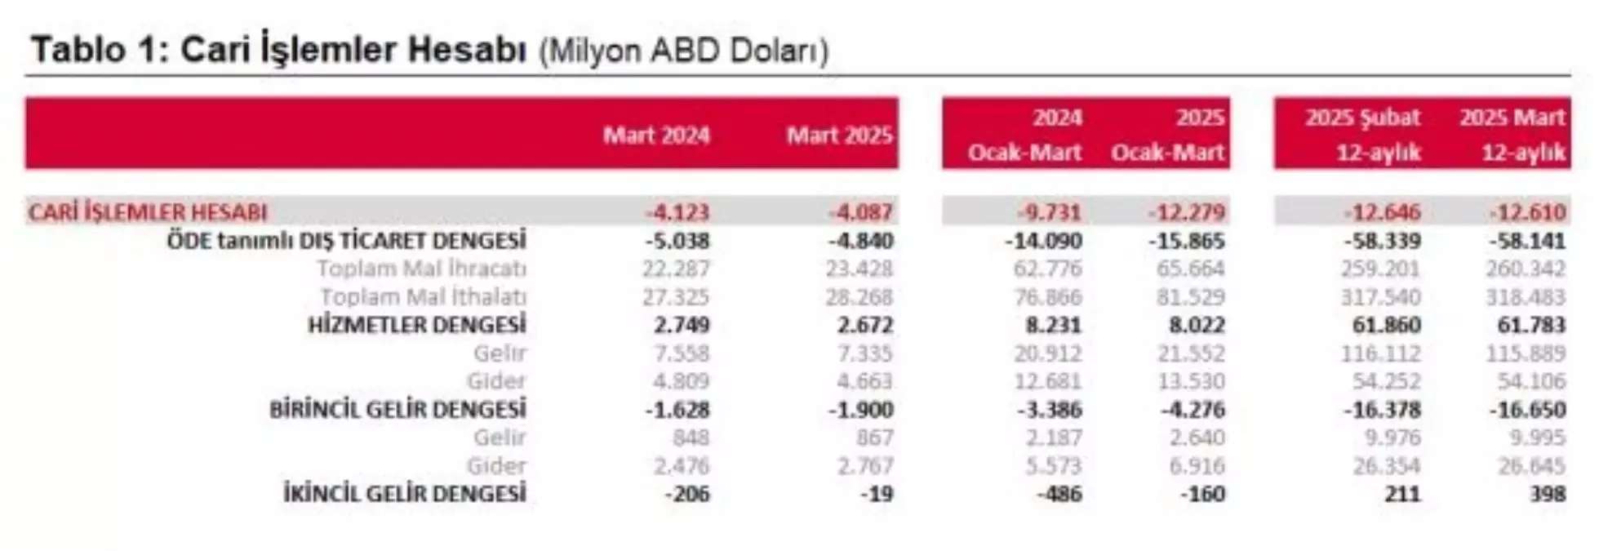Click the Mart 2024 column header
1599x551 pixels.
pyautogui.click(x=655, y=136)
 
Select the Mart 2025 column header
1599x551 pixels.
pyautogui.click(x=839, y=136)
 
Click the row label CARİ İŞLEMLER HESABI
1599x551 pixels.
pyautogui.click(x=148, y=212)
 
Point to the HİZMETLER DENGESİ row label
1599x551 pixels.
pyautogui.click(x=416, y=325)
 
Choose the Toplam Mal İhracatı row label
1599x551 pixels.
pyautogui.click(x=421, y=269)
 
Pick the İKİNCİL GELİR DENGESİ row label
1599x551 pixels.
pyautogui.click(x=404, y=494)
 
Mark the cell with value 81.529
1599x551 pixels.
pyautogui.click(x=1190, y=297)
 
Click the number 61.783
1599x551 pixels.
pyautogui.click(x=1531, y=325)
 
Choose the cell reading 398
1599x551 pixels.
pyautogui.click(x=1548, y=494)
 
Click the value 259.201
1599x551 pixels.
pyautogui.click(x=1380, y=269)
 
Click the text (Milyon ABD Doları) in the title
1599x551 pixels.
pyautogui.click(x=683, y=51)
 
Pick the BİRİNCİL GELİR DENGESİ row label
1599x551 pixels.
pyautogui.click(x=398, y=410)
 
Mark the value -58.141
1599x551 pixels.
pyautogui.click(x=1526, y=241)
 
